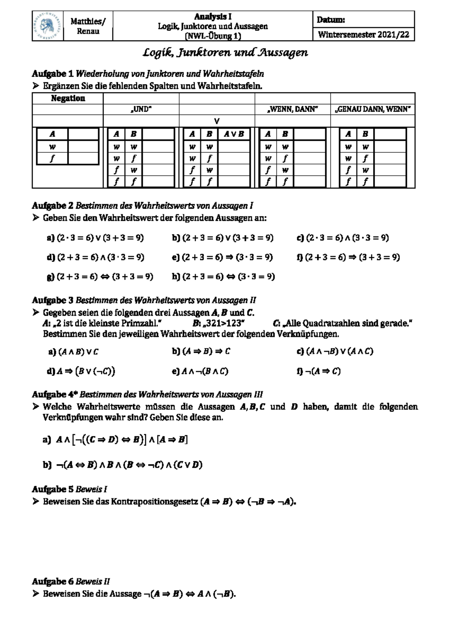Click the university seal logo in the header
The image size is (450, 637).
(47, 26)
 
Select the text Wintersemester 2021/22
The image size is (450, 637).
(363, 35)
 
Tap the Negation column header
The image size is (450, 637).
(68, 98)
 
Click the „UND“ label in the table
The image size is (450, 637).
(141, 110)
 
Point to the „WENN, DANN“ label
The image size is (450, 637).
(292, 110)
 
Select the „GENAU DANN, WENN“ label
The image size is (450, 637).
(373, 110)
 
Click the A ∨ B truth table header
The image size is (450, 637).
(234, 134)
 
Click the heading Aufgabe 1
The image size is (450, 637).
(53, 74)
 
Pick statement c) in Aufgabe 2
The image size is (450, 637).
(342, 238)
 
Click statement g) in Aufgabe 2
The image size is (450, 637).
(100, 277)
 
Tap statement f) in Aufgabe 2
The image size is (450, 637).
(348, 258)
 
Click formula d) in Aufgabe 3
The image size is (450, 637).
(81, 372)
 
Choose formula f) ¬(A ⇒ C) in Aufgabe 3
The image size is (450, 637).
(318, 372)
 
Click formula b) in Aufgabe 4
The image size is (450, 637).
(123, 465)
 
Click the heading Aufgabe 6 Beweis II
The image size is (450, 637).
(71, 582)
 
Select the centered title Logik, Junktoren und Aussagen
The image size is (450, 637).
(225, 53)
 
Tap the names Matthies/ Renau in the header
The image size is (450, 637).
(88, 26)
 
